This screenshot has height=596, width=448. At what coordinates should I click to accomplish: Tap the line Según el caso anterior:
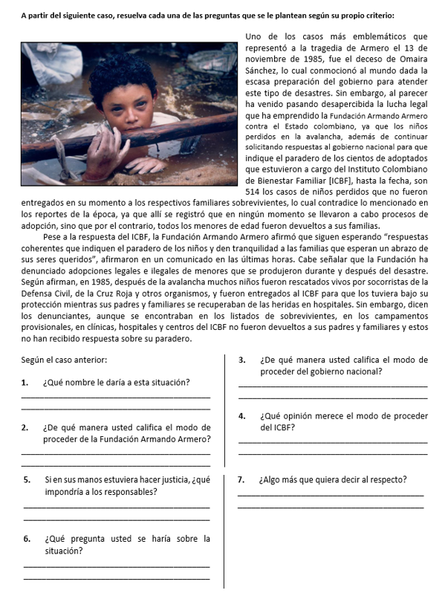65,360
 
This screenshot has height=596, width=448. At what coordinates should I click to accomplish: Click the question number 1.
25,383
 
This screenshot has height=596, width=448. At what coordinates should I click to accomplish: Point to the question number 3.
242,360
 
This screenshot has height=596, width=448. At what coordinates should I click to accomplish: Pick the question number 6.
25,538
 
